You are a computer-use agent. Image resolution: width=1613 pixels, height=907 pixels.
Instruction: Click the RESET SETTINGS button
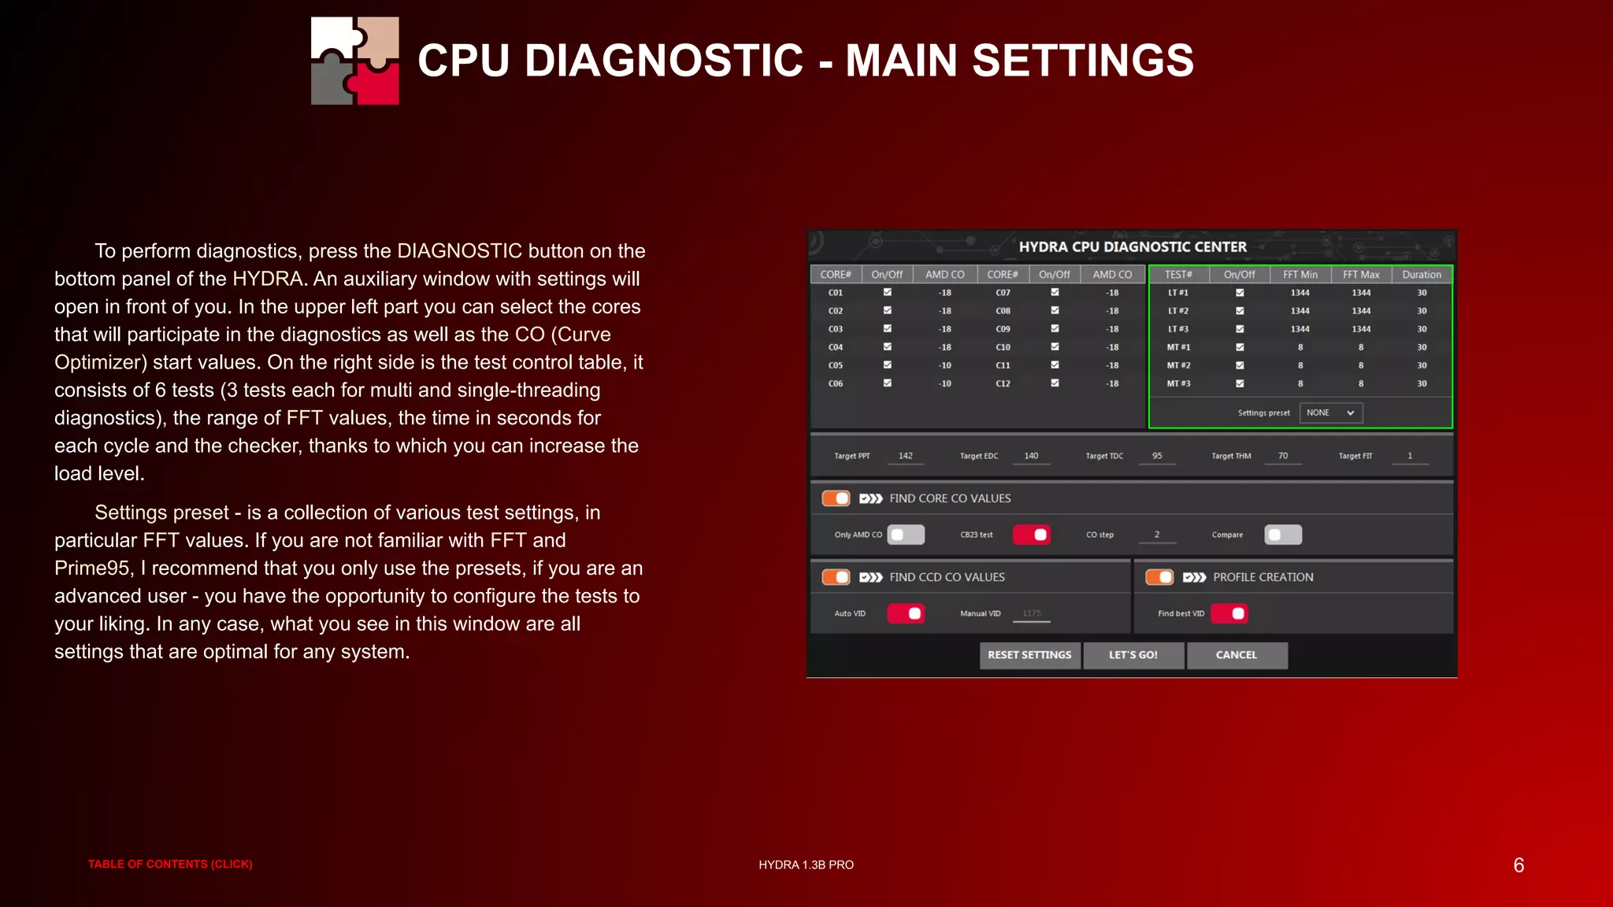point(1029,655)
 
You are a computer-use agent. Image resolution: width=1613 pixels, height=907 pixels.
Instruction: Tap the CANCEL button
point(1237,655)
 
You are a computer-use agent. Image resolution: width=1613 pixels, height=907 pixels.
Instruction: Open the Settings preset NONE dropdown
point(1330,413)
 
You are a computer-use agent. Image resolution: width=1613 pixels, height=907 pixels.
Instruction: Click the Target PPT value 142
point(906,456)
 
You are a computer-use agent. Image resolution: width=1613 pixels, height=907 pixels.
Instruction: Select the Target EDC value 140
point(1031,456)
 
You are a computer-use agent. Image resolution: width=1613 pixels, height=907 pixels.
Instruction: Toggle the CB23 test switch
point(1031,535)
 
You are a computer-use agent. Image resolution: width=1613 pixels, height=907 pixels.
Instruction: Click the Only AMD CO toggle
point(906,535)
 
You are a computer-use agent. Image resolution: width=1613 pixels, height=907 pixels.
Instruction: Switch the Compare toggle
point(1283,535)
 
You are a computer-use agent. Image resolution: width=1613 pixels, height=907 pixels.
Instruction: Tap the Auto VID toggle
point(906,613)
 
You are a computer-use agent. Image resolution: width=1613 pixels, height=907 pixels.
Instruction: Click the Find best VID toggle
point(1229,613)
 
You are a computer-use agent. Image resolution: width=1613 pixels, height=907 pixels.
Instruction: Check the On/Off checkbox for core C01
point(888,292)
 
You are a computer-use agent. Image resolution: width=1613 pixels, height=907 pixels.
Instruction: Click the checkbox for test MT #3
point(1240,383)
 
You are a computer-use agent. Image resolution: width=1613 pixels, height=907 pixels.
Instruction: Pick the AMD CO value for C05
point(945,365)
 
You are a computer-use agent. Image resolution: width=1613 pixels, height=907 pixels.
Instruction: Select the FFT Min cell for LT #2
point(1300,311)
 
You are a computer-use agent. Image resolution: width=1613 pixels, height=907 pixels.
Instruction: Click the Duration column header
point(1422,275)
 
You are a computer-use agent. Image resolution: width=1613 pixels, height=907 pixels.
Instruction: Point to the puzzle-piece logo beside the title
point(355,61)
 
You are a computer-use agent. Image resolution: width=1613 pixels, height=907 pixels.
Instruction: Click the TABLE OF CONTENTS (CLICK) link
point(170,864)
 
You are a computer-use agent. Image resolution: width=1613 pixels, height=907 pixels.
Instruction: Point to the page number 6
point(1518,865)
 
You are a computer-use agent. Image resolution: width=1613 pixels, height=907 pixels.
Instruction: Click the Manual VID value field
point(1032,613)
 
